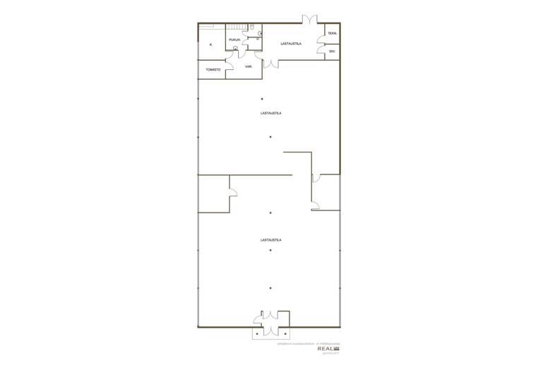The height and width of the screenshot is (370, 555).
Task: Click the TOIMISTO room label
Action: click(x=213, y=70)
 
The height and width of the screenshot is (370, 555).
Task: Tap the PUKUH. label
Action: click(x=234, y=40)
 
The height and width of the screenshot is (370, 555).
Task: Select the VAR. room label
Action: click(x=249, y=66)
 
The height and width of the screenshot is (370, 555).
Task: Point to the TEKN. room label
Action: click(x=332, y=33)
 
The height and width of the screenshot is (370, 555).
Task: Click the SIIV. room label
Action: click(x=332, y=51)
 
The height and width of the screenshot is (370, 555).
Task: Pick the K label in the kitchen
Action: click(x=210, y=44)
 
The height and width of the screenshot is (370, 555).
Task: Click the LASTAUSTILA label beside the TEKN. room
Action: click(x=291, y=44)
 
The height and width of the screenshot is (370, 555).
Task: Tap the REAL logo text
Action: click(x=326, y=348)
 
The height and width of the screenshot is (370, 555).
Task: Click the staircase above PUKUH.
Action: click(x=236, y=28)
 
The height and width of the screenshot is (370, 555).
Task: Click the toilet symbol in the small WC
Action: click(x=260, y=32)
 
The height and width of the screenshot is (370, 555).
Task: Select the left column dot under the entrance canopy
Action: click(x=257, y=333)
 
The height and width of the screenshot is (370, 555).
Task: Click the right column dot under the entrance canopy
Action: click(x=285, y=333)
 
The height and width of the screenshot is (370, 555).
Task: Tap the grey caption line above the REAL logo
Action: click(x=309, y=342)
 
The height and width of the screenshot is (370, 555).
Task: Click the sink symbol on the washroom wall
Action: click(x=258, y=39)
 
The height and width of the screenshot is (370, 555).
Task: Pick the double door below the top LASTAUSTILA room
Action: click(x=271, y=64)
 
